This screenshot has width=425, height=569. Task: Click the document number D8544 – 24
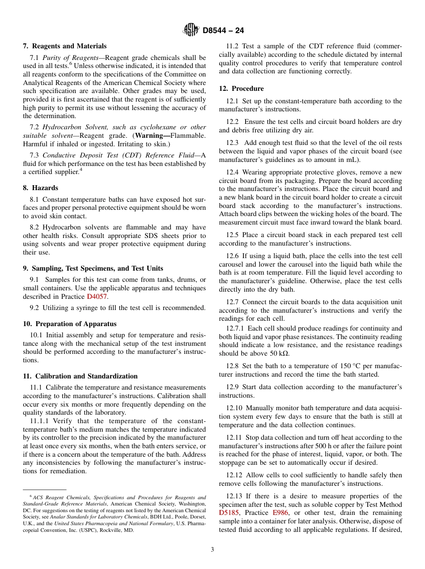[x=223, y=30]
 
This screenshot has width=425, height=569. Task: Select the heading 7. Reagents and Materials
[x=64, y=46]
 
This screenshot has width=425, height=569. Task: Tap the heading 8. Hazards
[x=41, y=188]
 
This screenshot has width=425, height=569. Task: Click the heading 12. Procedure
[x=241, y=89]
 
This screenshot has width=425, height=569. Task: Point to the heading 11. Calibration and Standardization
[x=80, y=376]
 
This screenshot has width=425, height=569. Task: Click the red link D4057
[x=97, y=297]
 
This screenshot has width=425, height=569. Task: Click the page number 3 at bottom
[x=212, y=550]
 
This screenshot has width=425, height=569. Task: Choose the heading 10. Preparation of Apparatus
[x=70, y=324]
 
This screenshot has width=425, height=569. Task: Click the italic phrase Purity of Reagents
[x=70, y=58]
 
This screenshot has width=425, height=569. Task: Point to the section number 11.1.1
[x=39, y=421]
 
